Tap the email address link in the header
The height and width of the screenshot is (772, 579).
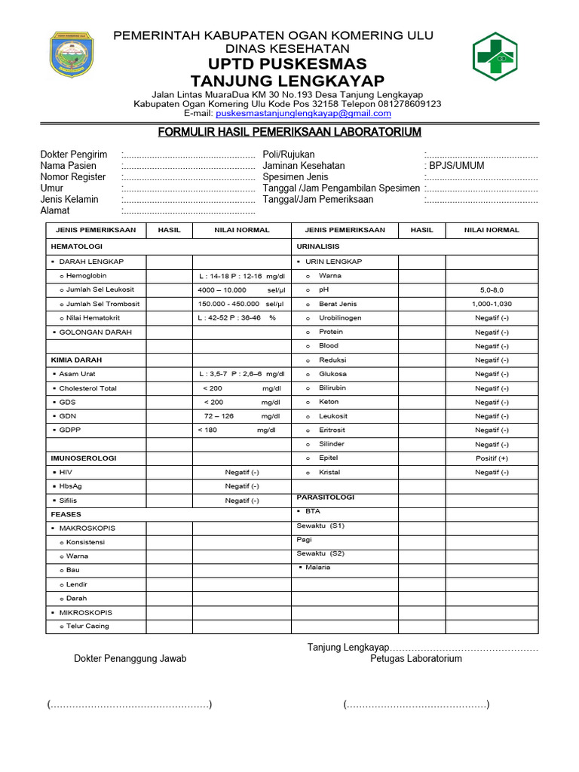pos(303,114)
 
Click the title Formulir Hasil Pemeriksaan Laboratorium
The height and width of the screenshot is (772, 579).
pos(289,133)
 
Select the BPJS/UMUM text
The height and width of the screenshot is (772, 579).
pos(457,166)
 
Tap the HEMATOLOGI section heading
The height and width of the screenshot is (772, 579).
pos(76,247)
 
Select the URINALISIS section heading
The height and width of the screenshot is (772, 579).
pos(318,247)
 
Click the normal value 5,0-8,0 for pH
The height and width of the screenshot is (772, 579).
pos(492,289)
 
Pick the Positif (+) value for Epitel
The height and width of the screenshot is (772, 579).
pos(492,458)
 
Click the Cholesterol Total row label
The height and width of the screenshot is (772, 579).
pos(87,388)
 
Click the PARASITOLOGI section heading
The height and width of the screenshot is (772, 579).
pos(326,498)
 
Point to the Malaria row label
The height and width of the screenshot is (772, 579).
pos(317,567)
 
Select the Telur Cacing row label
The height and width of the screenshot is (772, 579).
pos(87,626)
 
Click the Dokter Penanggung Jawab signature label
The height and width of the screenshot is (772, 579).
pos(130,659)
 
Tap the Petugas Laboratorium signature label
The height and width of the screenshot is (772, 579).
pos(416,659)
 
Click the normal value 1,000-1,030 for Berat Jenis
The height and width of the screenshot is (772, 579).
pos(492,304)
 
